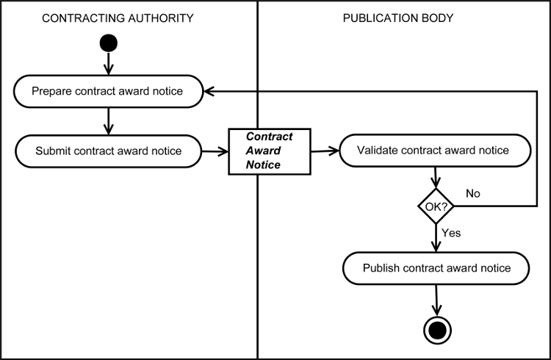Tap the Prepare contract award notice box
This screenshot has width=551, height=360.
(x=108, y=91)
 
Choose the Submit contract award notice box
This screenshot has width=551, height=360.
(x=108, y=151)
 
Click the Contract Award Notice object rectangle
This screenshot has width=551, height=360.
(x=269, y=151)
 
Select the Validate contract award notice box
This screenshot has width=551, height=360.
(x=433, y=151)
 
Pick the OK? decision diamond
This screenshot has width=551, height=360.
(x=437, y=208)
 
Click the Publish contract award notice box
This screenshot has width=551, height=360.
(x=437, y=268)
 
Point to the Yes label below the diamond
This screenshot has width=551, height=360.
(x=451, y=232)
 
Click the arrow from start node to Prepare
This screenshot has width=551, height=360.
(x=109, y=64)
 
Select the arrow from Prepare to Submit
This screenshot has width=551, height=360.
(x=109, y=121)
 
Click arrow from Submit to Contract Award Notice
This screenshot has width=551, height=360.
(x=214, y=151)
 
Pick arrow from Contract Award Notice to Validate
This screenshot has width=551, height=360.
(x=324, y=151)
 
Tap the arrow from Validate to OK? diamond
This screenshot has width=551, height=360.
(x=437, y=179)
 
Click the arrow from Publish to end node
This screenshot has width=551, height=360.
(x=437, y=300)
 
